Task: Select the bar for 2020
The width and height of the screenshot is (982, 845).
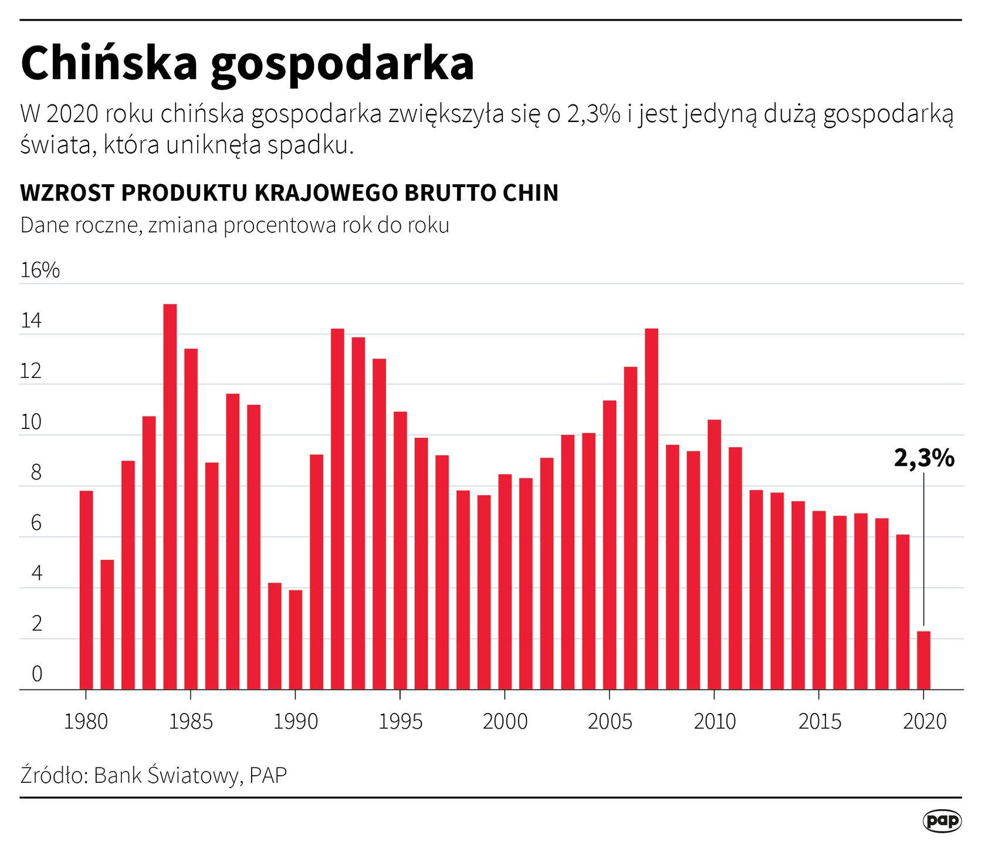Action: coord(923,660)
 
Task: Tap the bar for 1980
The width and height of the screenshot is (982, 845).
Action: coord(86,590)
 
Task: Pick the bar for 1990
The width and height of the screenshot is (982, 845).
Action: coord(296,640)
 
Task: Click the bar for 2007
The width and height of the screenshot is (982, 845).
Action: coord(651,509)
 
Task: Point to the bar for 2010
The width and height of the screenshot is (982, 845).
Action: coord(714,555)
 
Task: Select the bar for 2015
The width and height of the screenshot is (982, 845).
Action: coord(819,600)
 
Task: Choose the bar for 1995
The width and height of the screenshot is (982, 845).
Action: coord(400,550)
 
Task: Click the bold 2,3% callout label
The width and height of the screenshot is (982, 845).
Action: coord(924,458)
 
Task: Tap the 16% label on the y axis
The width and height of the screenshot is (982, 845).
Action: coord(40,270)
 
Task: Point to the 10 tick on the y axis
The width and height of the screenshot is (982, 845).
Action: coord(31,422)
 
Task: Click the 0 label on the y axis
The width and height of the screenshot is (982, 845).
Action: coord(36,674)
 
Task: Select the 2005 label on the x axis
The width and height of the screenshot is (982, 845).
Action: coord(609,721)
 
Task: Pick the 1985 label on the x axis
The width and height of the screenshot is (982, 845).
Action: coord(191,721)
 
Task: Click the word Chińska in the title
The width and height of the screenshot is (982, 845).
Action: coord(109,63)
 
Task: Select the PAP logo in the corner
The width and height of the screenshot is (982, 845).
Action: coord(942,821)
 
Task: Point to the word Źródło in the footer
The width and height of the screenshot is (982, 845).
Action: coord(54,775)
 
